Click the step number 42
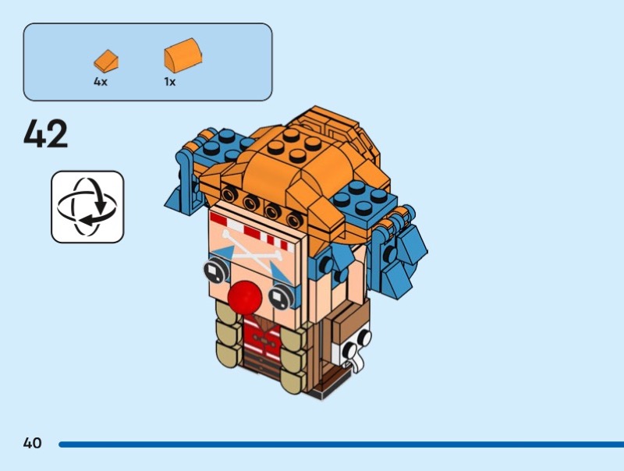tap(46, 133)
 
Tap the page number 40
tap(32, 443)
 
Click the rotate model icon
tap(87, 207)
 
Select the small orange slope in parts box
tap(106, 61)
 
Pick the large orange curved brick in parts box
tap(183, 55)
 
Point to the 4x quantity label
tap(101, 82)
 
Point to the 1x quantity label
tap(170, 82)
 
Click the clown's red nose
tap(245, 298)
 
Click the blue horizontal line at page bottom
tap(341, 444)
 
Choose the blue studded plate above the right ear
tap(365, 204)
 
